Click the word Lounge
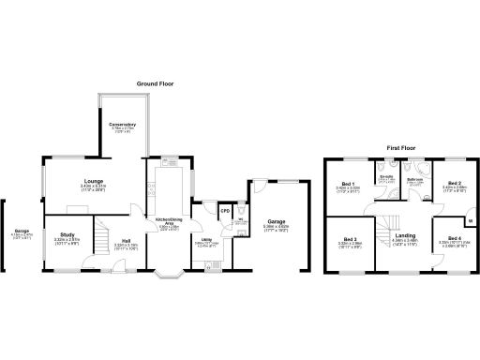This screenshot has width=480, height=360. point(94,180)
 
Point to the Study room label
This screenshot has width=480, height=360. point(67,234)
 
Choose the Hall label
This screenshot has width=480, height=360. point(125,240)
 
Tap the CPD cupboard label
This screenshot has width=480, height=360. point(224,212)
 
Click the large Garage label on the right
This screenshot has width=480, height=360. point(276,221)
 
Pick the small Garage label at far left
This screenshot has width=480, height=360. point(21,231)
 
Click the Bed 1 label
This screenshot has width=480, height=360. point(348,184)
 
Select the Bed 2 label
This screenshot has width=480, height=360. point(454,184)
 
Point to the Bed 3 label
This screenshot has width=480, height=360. point(350,238)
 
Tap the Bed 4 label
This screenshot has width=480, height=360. point(454,238)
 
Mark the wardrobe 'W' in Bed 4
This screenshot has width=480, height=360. point(470,220)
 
